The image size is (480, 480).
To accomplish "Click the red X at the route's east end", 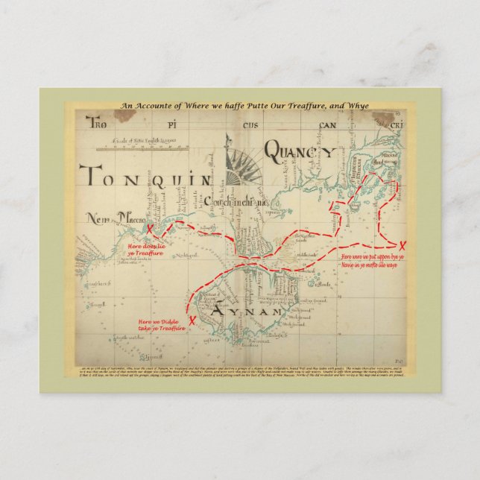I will (x=403, y=247).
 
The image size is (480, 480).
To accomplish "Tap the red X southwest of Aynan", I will (x=192, y=321).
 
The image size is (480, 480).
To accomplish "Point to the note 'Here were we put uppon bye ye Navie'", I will (x=372, y=260).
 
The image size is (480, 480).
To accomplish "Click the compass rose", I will (x=240, y=160).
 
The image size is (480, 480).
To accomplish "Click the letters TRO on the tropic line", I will (x=99, y=122).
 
